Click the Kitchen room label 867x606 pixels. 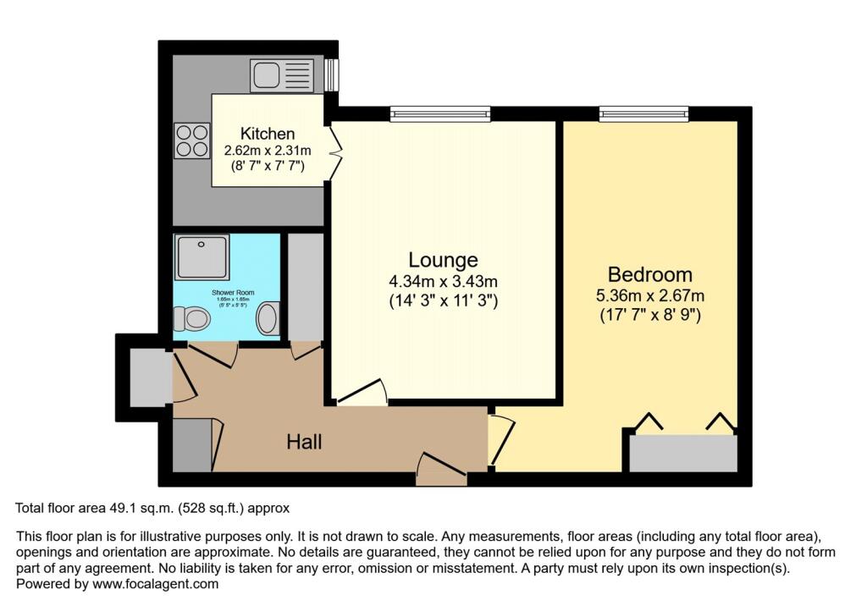(268, 134)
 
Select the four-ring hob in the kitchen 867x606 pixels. (192, 140)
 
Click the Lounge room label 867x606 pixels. (443, 260)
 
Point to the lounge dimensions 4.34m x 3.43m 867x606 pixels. (443, 281)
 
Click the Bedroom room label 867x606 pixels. (649, 274)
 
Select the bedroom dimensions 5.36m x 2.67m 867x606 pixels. (649, 296)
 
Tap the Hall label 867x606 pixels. (304, 441)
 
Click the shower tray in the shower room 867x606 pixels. (202, 257)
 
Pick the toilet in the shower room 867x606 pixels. (191, 319)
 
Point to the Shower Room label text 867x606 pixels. (226, 293)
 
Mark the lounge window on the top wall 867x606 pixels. (440, 113)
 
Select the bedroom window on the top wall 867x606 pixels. (644, 113)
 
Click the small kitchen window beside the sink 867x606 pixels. (332, 74)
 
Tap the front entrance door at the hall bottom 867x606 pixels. (441, 468)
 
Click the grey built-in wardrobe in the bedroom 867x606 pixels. (683, 454)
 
